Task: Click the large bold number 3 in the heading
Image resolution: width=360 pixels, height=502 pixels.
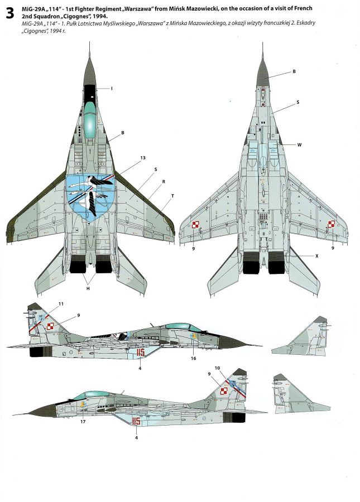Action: (9, 15)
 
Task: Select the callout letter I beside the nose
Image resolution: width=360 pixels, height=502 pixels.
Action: (112, 89)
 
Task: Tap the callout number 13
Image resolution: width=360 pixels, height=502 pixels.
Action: (143, 158)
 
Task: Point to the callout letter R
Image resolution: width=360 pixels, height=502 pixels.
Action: (163, 182)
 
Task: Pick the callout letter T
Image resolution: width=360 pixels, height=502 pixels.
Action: (172, 196)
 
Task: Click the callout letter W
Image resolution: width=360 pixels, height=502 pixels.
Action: (299, 144)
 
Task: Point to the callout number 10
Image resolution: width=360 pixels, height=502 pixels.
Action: (233, 368)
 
